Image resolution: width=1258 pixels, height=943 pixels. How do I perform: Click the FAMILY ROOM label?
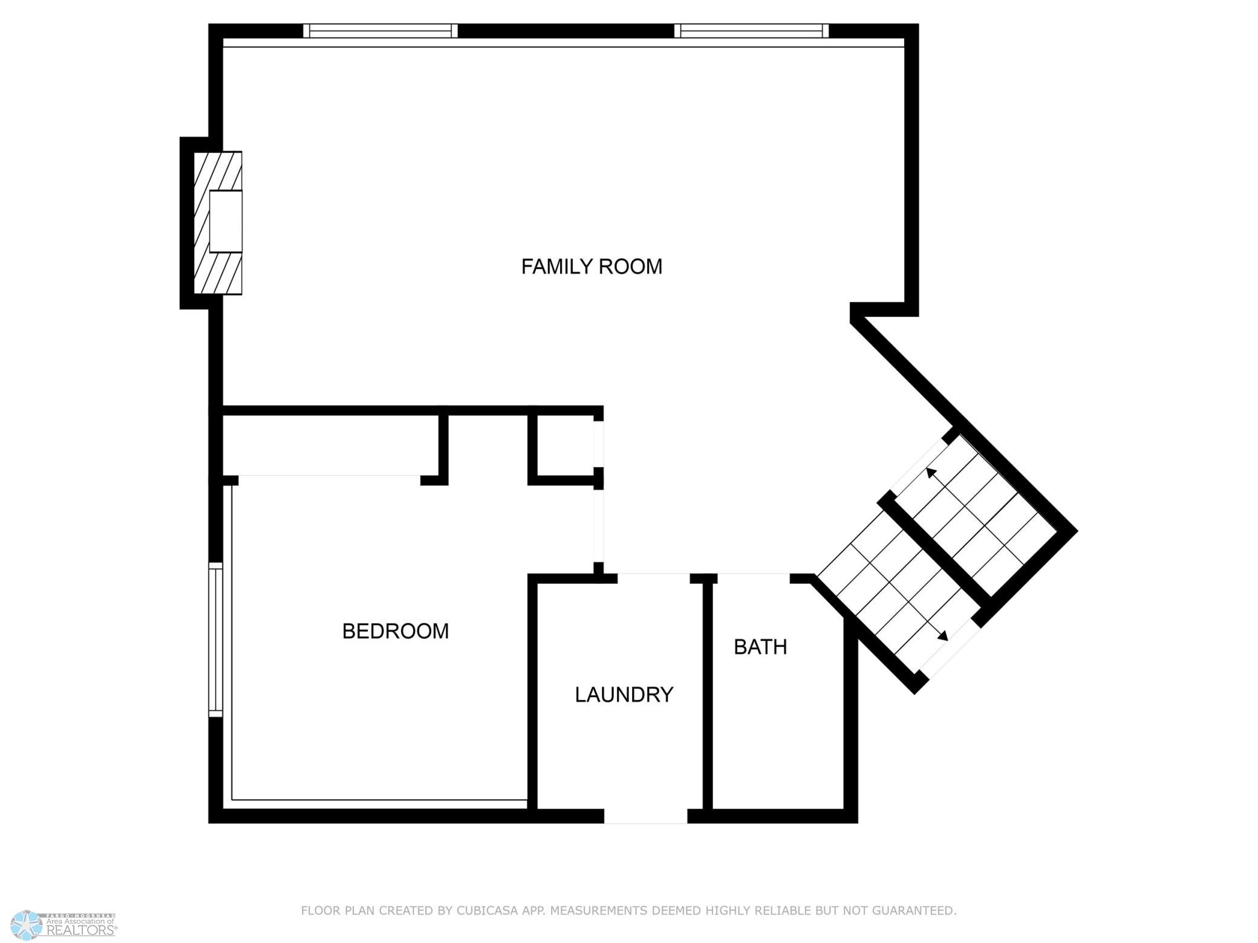592,267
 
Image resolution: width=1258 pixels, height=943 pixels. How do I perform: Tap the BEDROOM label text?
396,631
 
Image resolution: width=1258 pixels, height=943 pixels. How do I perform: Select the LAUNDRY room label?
624,695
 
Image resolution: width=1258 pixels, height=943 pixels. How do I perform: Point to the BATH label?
760,647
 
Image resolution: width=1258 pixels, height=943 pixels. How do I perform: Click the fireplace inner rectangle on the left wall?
226,221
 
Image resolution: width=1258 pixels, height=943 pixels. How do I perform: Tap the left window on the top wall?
380,31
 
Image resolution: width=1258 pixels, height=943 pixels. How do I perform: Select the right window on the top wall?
751,31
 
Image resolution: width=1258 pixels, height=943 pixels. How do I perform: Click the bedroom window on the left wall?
215,640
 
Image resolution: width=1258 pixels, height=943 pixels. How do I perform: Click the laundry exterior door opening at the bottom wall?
645,816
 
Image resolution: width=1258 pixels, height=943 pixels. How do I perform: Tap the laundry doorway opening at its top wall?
654,578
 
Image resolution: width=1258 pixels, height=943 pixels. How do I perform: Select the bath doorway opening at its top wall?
754,578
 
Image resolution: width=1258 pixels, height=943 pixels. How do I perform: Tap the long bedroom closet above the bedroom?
331,445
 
